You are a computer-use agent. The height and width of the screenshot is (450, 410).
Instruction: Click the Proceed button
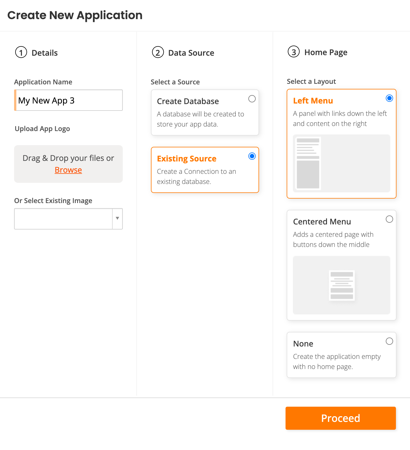(340, 418)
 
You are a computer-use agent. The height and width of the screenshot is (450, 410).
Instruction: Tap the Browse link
(68, 170)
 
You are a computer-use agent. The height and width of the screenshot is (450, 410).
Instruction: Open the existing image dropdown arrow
(117, 219)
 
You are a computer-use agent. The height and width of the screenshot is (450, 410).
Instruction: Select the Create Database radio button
(252, 99)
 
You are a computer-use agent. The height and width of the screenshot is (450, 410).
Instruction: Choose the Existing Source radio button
(252, 156)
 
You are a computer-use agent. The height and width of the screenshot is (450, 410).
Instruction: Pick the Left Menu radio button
(389, 98)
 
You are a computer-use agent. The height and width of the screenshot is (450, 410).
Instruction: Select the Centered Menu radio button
(389, 219)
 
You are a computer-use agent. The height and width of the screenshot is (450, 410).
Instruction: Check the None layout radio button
(389, 341)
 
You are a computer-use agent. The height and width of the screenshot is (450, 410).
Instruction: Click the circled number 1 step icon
(21, 52)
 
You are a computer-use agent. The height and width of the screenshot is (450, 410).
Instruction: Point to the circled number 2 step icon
(158, 52)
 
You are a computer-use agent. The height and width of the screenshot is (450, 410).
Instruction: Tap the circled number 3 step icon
(293, 52)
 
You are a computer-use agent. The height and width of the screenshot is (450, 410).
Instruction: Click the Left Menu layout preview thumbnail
(341, 163)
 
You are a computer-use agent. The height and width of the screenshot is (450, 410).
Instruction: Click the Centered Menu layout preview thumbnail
(341, 285)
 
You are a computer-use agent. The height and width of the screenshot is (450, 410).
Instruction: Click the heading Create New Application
(75, 15)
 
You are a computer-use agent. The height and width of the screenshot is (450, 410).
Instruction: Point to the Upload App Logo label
(42, 129)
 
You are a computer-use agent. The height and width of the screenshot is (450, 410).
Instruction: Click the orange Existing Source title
(187, 159)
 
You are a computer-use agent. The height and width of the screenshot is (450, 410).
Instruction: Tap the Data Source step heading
(191, 53)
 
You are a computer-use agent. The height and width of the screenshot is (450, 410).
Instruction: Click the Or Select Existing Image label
(53, 201)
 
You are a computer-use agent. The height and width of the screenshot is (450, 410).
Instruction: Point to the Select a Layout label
(311, 82)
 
